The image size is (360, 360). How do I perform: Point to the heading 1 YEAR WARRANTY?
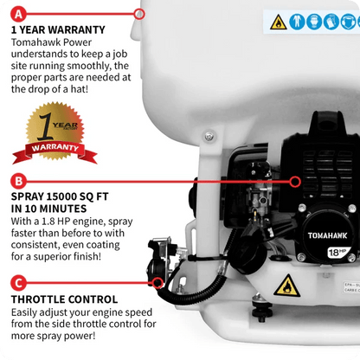[58, 30]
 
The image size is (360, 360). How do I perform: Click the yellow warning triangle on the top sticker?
[279, 22]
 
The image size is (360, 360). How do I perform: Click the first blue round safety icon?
[298, 22]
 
